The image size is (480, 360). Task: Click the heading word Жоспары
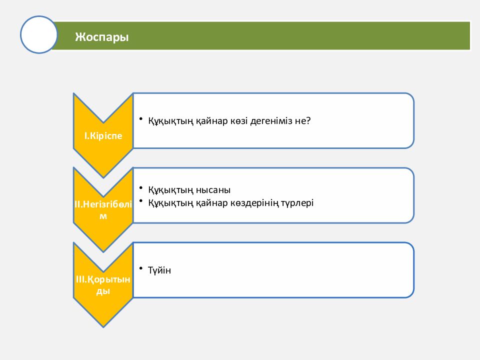101,37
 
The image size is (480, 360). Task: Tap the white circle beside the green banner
39,34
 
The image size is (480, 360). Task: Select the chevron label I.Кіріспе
103,135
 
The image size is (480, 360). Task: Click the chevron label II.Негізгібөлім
103,209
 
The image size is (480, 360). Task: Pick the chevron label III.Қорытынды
103,284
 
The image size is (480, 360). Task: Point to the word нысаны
213,190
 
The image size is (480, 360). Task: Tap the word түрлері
297,203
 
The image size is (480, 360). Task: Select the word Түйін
159,270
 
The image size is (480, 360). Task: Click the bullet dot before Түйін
141,268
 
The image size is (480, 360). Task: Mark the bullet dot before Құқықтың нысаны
141,187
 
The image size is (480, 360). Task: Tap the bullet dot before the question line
141,119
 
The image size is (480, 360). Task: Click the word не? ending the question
303,121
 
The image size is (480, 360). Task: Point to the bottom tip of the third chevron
103,327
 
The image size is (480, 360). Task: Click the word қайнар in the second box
212,203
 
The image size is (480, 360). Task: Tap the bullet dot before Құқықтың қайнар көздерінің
141,201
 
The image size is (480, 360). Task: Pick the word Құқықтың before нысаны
171,190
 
